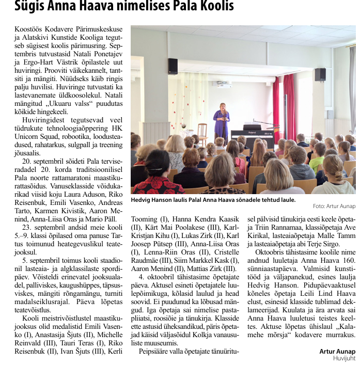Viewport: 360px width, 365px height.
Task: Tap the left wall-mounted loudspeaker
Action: (x=173, y=66)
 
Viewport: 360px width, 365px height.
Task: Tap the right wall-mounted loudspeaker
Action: (x=320, y=75)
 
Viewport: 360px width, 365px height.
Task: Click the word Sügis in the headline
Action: (x=31, y=6)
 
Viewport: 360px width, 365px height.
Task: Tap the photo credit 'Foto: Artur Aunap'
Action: (x=334, y=206)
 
